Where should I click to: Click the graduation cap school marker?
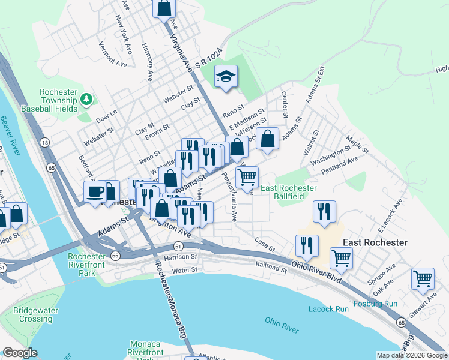click(226, 77)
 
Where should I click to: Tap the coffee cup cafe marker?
click(95, 192)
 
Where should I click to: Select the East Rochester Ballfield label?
click(289, 192)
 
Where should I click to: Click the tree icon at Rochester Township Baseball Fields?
click(87, 98)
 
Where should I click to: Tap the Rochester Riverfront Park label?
click(87, 265)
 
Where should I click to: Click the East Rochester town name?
click(375, 242)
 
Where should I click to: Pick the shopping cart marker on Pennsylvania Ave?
click(247, 178)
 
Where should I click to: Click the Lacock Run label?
click(328, 309)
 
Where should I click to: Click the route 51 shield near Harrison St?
click(178, 246)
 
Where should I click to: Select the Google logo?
click(20, 353)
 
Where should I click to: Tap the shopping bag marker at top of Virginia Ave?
click(164, 8)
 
